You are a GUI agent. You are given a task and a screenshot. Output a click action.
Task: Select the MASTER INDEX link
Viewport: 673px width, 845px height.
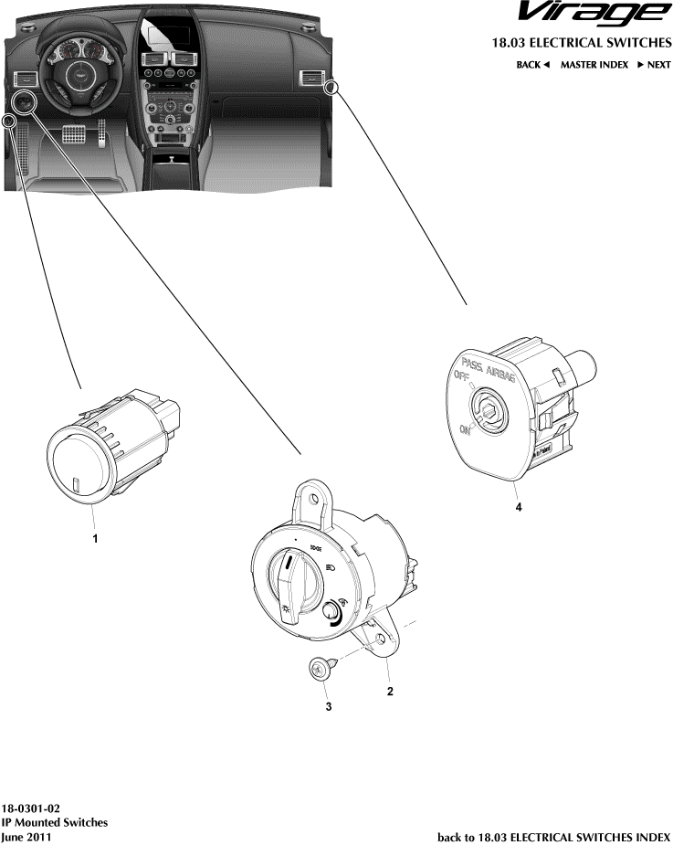[594, 65]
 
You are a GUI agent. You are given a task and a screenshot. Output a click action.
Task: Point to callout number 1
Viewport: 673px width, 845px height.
[94, 540]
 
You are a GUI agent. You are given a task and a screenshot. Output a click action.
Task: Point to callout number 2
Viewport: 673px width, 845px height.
[390, 691]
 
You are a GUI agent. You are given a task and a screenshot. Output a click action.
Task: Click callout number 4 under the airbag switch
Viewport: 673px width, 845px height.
[519, 507]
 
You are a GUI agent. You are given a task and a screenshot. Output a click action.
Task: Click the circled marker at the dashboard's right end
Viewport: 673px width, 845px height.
[332, 87]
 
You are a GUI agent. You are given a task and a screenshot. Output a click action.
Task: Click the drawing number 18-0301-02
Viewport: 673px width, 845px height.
[31, 808]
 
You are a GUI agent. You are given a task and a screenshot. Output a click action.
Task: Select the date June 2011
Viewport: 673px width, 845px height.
[26, 836]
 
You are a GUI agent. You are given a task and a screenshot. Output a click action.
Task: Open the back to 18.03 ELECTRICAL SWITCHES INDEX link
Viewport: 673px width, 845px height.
[554, 836]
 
